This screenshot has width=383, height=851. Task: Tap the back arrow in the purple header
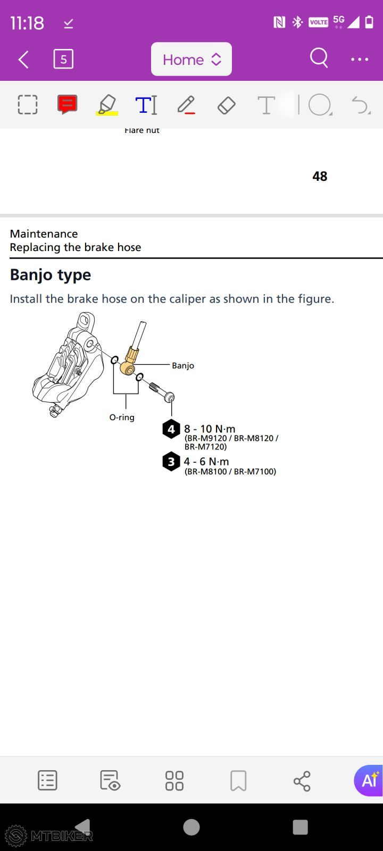(x=23, y=60)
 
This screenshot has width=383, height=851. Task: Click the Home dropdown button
(x=191, y=59)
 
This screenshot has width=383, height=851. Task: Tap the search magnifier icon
(x=319, y=58)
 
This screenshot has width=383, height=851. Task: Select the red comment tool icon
(x=68, y=104)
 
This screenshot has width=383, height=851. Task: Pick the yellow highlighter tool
(x=107, y=105)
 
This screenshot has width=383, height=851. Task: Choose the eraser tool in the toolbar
(x=227, y=105)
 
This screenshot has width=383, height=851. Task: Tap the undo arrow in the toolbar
(x=360, y=105)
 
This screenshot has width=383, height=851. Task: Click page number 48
(x=320, y=176)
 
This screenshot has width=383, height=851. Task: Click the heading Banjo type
(x=51, y=275)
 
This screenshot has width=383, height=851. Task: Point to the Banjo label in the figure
(x=183, y=365)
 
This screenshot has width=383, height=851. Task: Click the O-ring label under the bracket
(x=122, y=417)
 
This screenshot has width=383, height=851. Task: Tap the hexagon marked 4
(x=171, y=429)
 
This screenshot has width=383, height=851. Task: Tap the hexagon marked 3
(x=171, y=462)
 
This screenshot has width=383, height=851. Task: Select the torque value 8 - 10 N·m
(x=210, y=429)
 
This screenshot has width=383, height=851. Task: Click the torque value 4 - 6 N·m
(x=206, y=462)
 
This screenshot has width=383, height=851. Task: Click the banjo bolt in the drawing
(x=162, y=391)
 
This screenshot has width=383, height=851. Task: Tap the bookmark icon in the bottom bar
(x=239, y=781)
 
